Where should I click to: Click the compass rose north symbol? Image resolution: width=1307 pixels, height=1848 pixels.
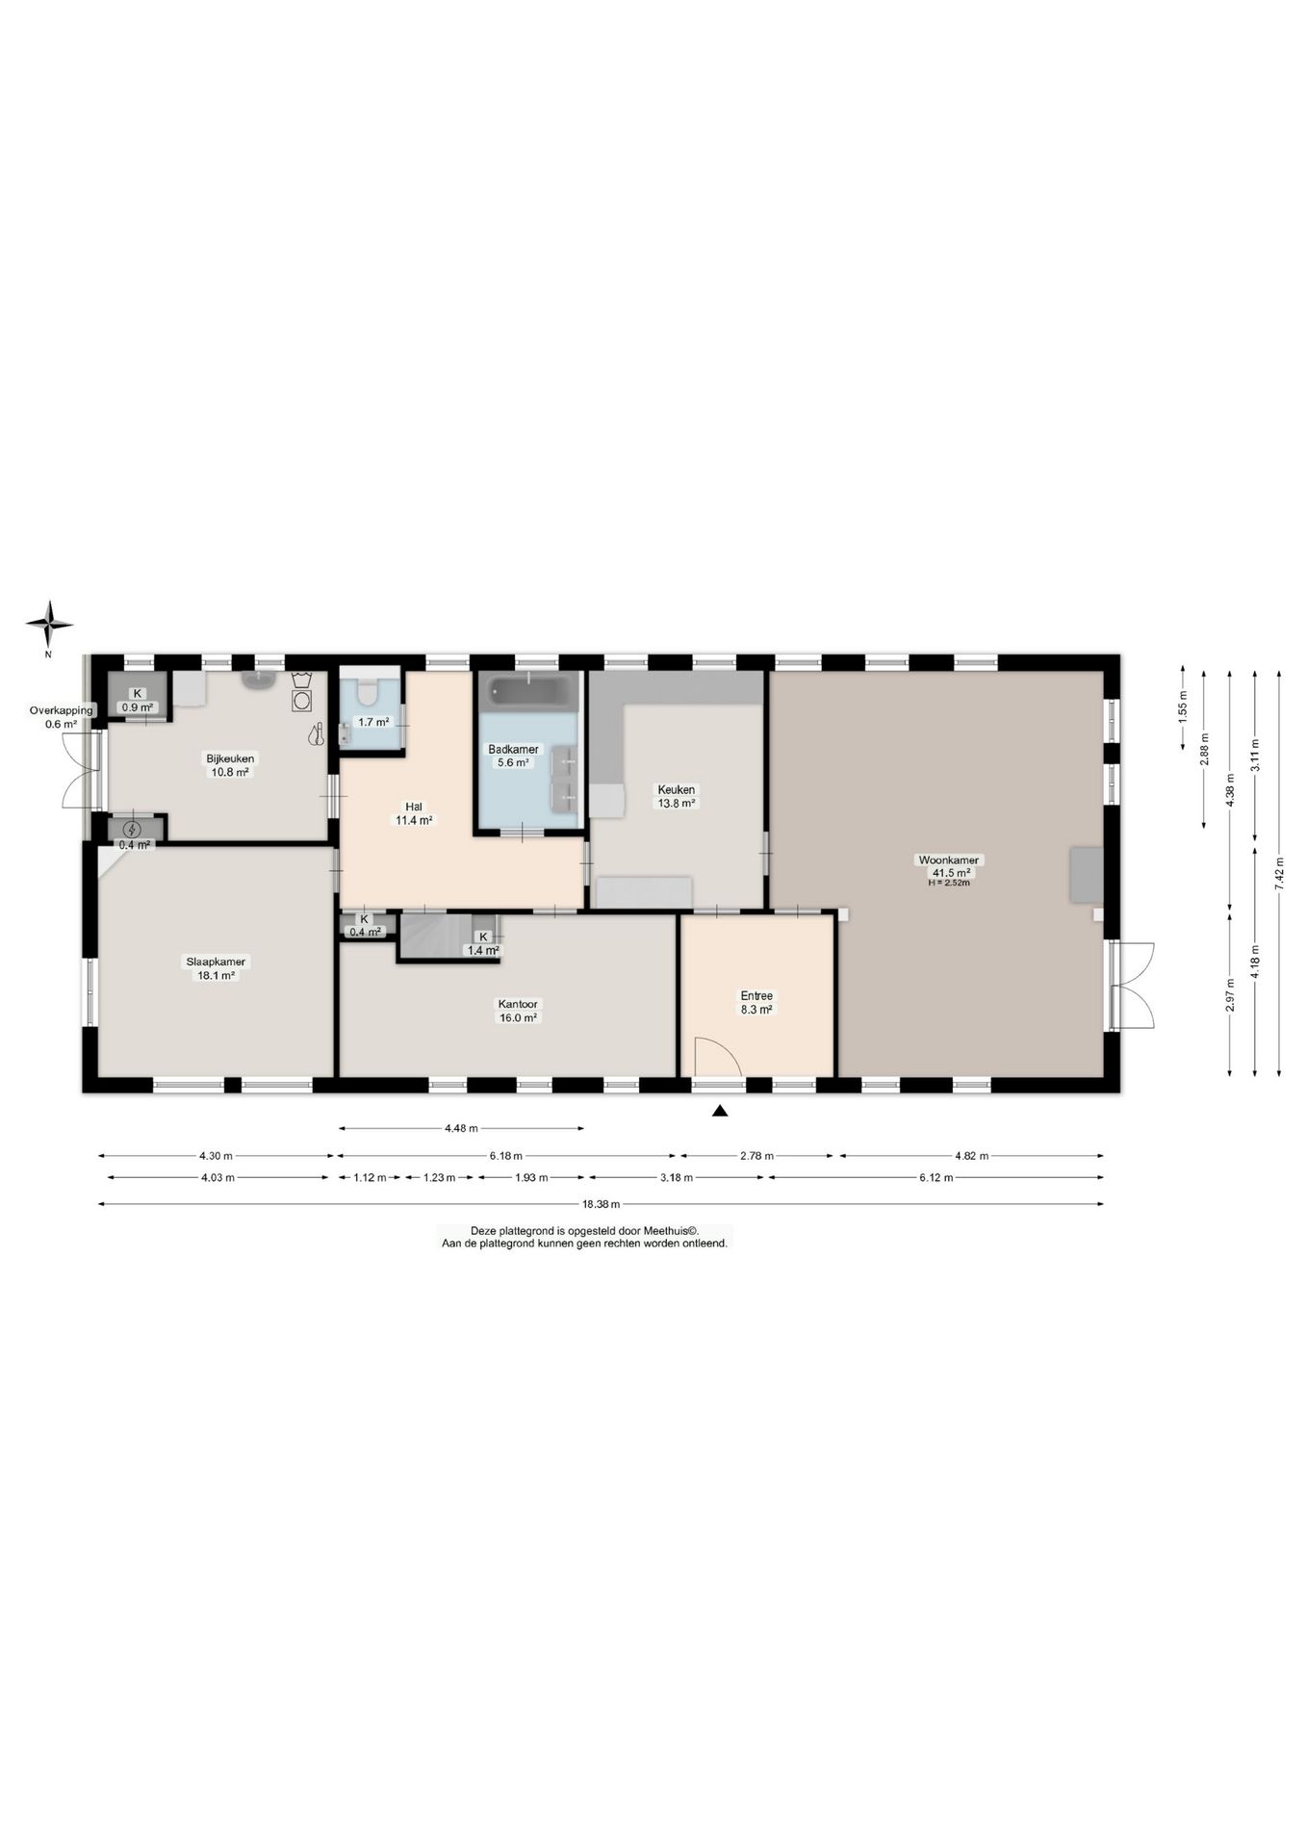click(49, 626)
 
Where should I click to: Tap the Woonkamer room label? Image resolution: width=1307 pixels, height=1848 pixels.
click(948, 860)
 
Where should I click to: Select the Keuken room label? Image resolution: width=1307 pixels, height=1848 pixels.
click(676, 789)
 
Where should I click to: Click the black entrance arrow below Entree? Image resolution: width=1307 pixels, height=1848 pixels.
click(720, 1112)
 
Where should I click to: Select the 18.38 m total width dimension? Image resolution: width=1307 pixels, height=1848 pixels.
click(601, 1203)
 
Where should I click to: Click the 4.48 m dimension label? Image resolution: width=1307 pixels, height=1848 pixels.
click(462, 1128)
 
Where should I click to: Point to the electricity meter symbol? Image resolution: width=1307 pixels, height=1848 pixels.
click(132, 829)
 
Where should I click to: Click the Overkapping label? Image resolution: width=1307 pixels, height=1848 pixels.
click(62, 710)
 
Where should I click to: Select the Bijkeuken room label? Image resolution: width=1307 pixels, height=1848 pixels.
click(230, 757)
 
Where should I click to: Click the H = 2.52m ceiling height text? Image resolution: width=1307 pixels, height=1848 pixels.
click(948, 883)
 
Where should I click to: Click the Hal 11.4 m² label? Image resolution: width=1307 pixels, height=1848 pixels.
click(414, 813)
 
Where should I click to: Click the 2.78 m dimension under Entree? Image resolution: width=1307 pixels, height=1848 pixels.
click(757, 1156)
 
